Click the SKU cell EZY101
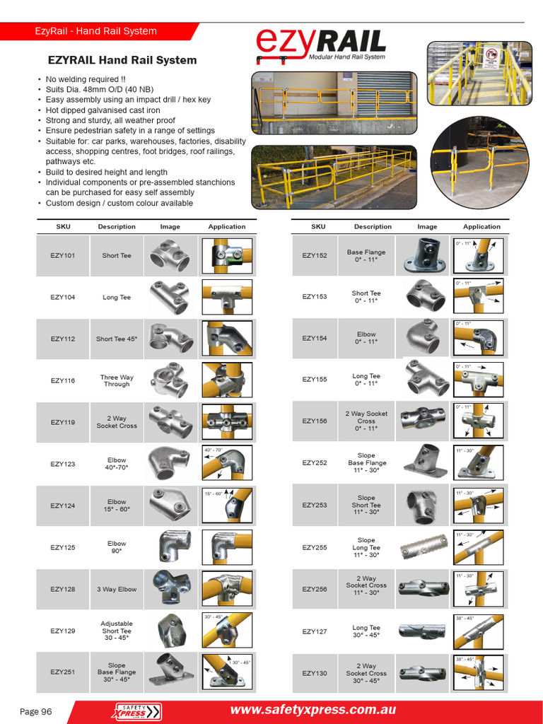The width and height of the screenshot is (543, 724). pos(63,256)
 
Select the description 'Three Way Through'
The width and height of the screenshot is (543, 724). pos(117,381)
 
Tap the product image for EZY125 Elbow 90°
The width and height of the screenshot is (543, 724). pos(170,547)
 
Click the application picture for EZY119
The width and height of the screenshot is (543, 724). pos(226,422)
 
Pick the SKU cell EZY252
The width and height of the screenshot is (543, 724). pos(315,463)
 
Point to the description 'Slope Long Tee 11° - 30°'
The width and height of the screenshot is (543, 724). pos(366,547)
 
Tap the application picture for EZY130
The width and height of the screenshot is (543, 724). pos(479,673)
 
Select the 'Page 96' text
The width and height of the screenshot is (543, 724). pos(35,711)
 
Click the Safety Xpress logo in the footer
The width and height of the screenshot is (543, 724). pos(138,711)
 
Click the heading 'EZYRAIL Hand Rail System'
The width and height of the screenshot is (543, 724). pos(122,60)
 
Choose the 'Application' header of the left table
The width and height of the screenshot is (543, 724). pos(227,227)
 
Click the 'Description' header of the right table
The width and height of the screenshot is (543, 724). pos(373,227)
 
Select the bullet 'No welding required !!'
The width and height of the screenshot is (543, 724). pos(86,80)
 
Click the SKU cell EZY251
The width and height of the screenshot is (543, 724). pos(63,672)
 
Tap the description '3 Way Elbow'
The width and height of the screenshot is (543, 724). pos(117,589)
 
